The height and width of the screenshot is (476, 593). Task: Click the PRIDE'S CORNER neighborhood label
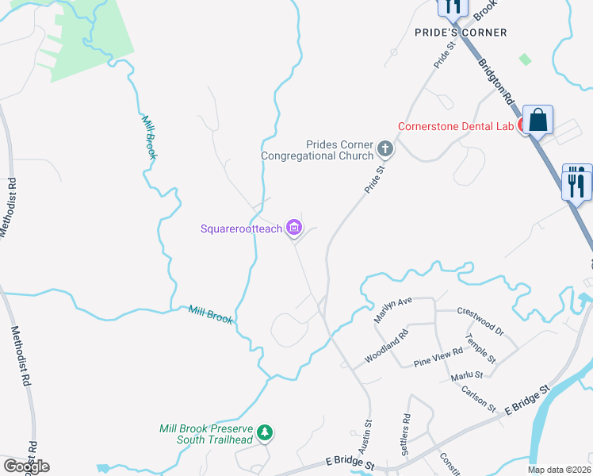click(x=461, y=32)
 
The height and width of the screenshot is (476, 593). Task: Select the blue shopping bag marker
click(x=538, y=121)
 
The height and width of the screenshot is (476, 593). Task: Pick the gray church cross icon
click(x=384, y=148)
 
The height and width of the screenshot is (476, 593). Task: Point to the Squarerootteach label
click(x=242, y=229)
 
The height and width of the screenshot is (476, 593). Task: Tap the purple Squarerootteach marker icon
click(x=294, y=229)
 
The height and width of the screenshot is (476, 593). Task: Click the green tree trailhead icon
click(x=266, y=433)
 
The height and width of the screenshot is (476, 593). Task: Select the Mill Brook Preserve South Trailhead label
click(x=205, y=434)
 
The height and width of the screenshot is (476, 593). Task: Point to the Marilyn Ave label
click(x=393, y=309)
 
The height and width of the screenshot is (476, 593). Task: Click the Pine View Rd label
click(x=438, y=357)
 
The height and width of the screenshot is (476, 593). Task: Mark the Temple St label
click(x=480, y=349)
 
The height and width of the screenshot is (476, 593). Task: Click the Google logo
click(x=27, y=466)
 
